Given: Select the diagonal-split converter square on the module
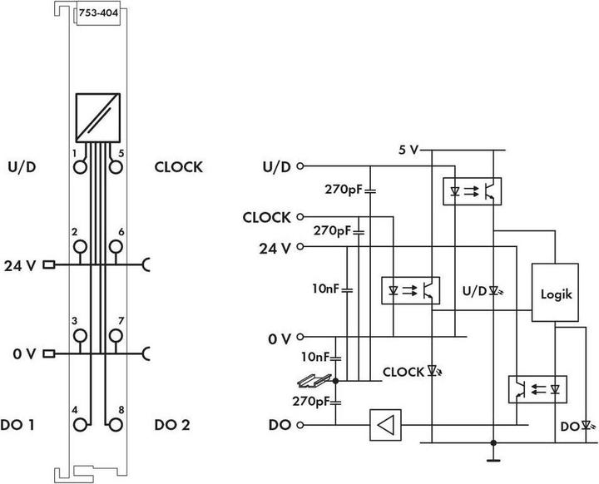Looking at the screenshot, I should point(98,116).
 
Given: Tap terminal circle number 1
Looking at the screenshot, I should point(81,166).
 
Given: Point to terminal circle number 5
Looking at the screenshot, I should point(116,166).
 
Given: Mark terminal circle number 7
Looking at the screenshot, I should point(116,335).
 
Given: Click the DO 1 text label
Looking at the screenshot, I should point(23,425).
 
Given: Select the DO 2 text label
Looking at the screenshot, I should point(172,425).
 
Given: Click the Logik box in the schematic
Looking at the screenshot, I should point(556,294).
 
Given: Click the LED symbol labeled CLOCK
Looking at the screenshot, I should point(432,372).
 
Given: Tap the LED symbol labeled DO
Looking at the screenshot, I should point(588,426).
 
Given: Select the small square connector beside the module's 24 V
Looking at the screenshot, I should point(48,266).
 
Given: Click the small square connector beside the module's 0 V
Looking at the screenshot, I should point(48,354).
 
